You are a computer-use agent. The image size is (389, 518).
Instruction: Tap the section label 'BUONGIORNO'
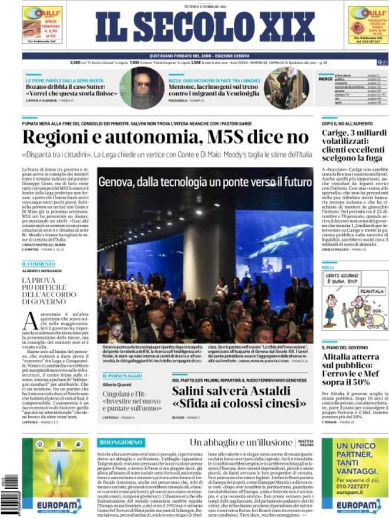coord(121,442)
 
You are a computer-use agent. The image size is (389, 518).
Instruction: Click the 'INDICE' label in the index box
coord(326,79)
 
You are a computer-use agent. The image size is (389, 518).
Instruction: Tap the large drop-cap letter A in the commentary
coord(31,320)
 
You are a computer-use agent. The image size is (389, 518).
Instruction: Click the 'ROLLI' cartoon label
coord(328,268)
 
